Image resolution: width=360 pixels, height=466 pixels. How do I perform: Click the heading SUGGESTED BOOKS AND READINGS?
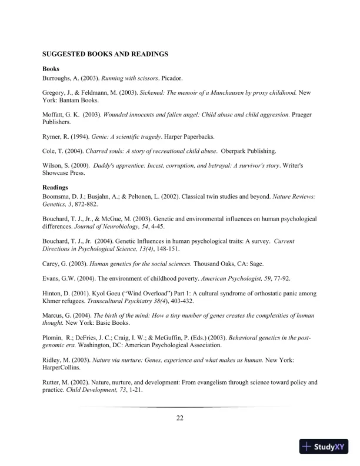105,54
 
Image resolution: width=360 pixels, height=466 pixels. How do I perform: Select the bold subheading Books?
51,69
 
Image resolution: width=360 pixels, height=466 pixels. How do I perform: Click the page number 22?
180,418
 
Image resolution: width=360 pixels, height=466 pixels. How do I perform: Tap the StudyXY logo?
325,447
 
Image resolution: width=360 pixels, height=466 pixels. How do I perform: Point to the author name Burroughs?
58,78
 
